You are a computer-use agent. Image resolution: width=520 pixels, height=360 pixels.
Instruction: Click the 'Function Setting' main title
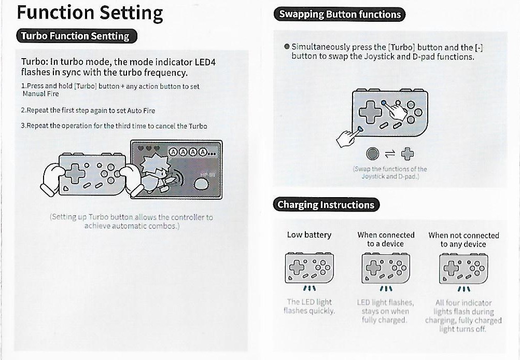[x=90, y=13]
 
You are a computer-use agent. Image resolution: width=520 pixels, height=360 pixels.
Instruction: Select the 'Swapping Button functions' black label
[x=340, y=14]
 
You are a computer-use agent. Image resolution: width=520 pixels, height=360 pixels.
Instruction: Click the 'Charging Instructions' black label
[x=326, y=204]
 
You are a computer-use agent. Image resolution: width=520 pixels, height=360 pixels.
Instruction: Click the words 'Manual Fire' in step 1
[x=40, y=94]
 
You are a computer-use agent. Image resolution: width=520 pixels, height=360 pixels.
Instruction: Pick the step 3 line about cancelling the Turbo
[x=114, y=126]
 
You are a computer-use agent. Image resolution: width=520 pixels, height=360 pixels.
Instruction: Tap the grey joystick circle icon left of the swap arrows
[x=372, y=154]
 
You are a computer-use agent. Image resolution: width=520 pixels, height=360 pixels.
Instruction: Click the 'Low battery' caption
[x=309, y=235]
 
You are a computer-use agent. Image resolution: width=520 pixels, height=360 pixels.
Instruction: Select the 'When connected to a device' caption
[x=386, y=239]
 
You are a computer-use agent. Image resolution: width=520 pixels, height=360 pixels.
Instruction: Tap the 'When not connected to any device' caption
[x=463, y=240]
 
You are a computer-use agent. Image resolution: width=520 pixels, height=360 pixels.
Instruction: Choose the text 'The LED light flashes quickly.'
[x=309, y=306]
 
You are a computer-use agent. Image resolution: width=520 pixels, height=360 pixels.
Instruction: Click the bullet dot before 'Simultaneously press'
[x=286, y=47]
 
